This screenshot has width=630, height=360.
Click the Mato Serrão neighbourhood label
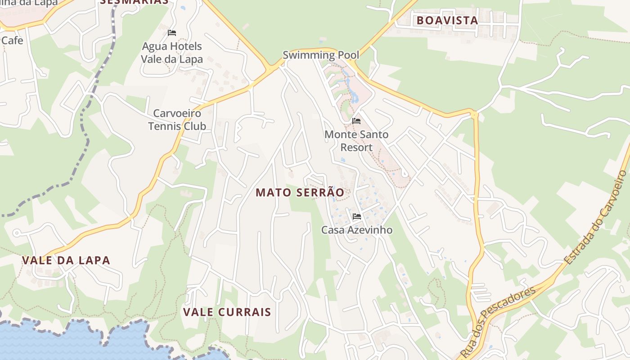tap(300, 193)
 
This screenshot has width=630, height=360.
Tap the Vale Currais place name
tap(227, 312)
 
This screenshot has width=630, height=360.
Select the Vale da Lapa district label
tap(66, 260)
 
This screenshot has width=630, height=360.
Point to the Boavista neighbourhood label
tap(447, 20)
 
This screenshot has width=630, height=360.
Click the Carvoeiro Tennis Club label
tap(177, 120)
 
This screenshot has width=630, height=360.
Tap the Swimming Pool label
tap(321, 55)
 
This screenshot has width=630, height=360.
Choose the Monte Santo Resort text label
tap(356, 141)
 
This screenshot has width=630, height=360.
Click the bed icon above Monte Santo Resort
tap(356, 121)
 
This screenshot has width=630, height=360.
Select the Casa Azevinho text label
tap(356, 230)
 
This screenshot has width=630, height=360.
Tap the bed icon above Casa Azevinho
tap(357, 216)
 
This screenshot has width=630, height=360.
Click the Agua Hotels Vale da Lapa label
tap(172, 53)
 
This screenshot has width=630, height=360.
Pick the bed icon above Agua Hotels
tap(172, 33)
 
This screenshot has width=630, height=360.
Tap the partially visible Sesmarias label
tap(134, 2)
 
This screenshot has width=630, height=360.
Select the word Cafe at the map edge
tap(12, 40)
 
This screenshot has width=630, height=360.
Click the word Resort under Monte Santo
tap(356, 147)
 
